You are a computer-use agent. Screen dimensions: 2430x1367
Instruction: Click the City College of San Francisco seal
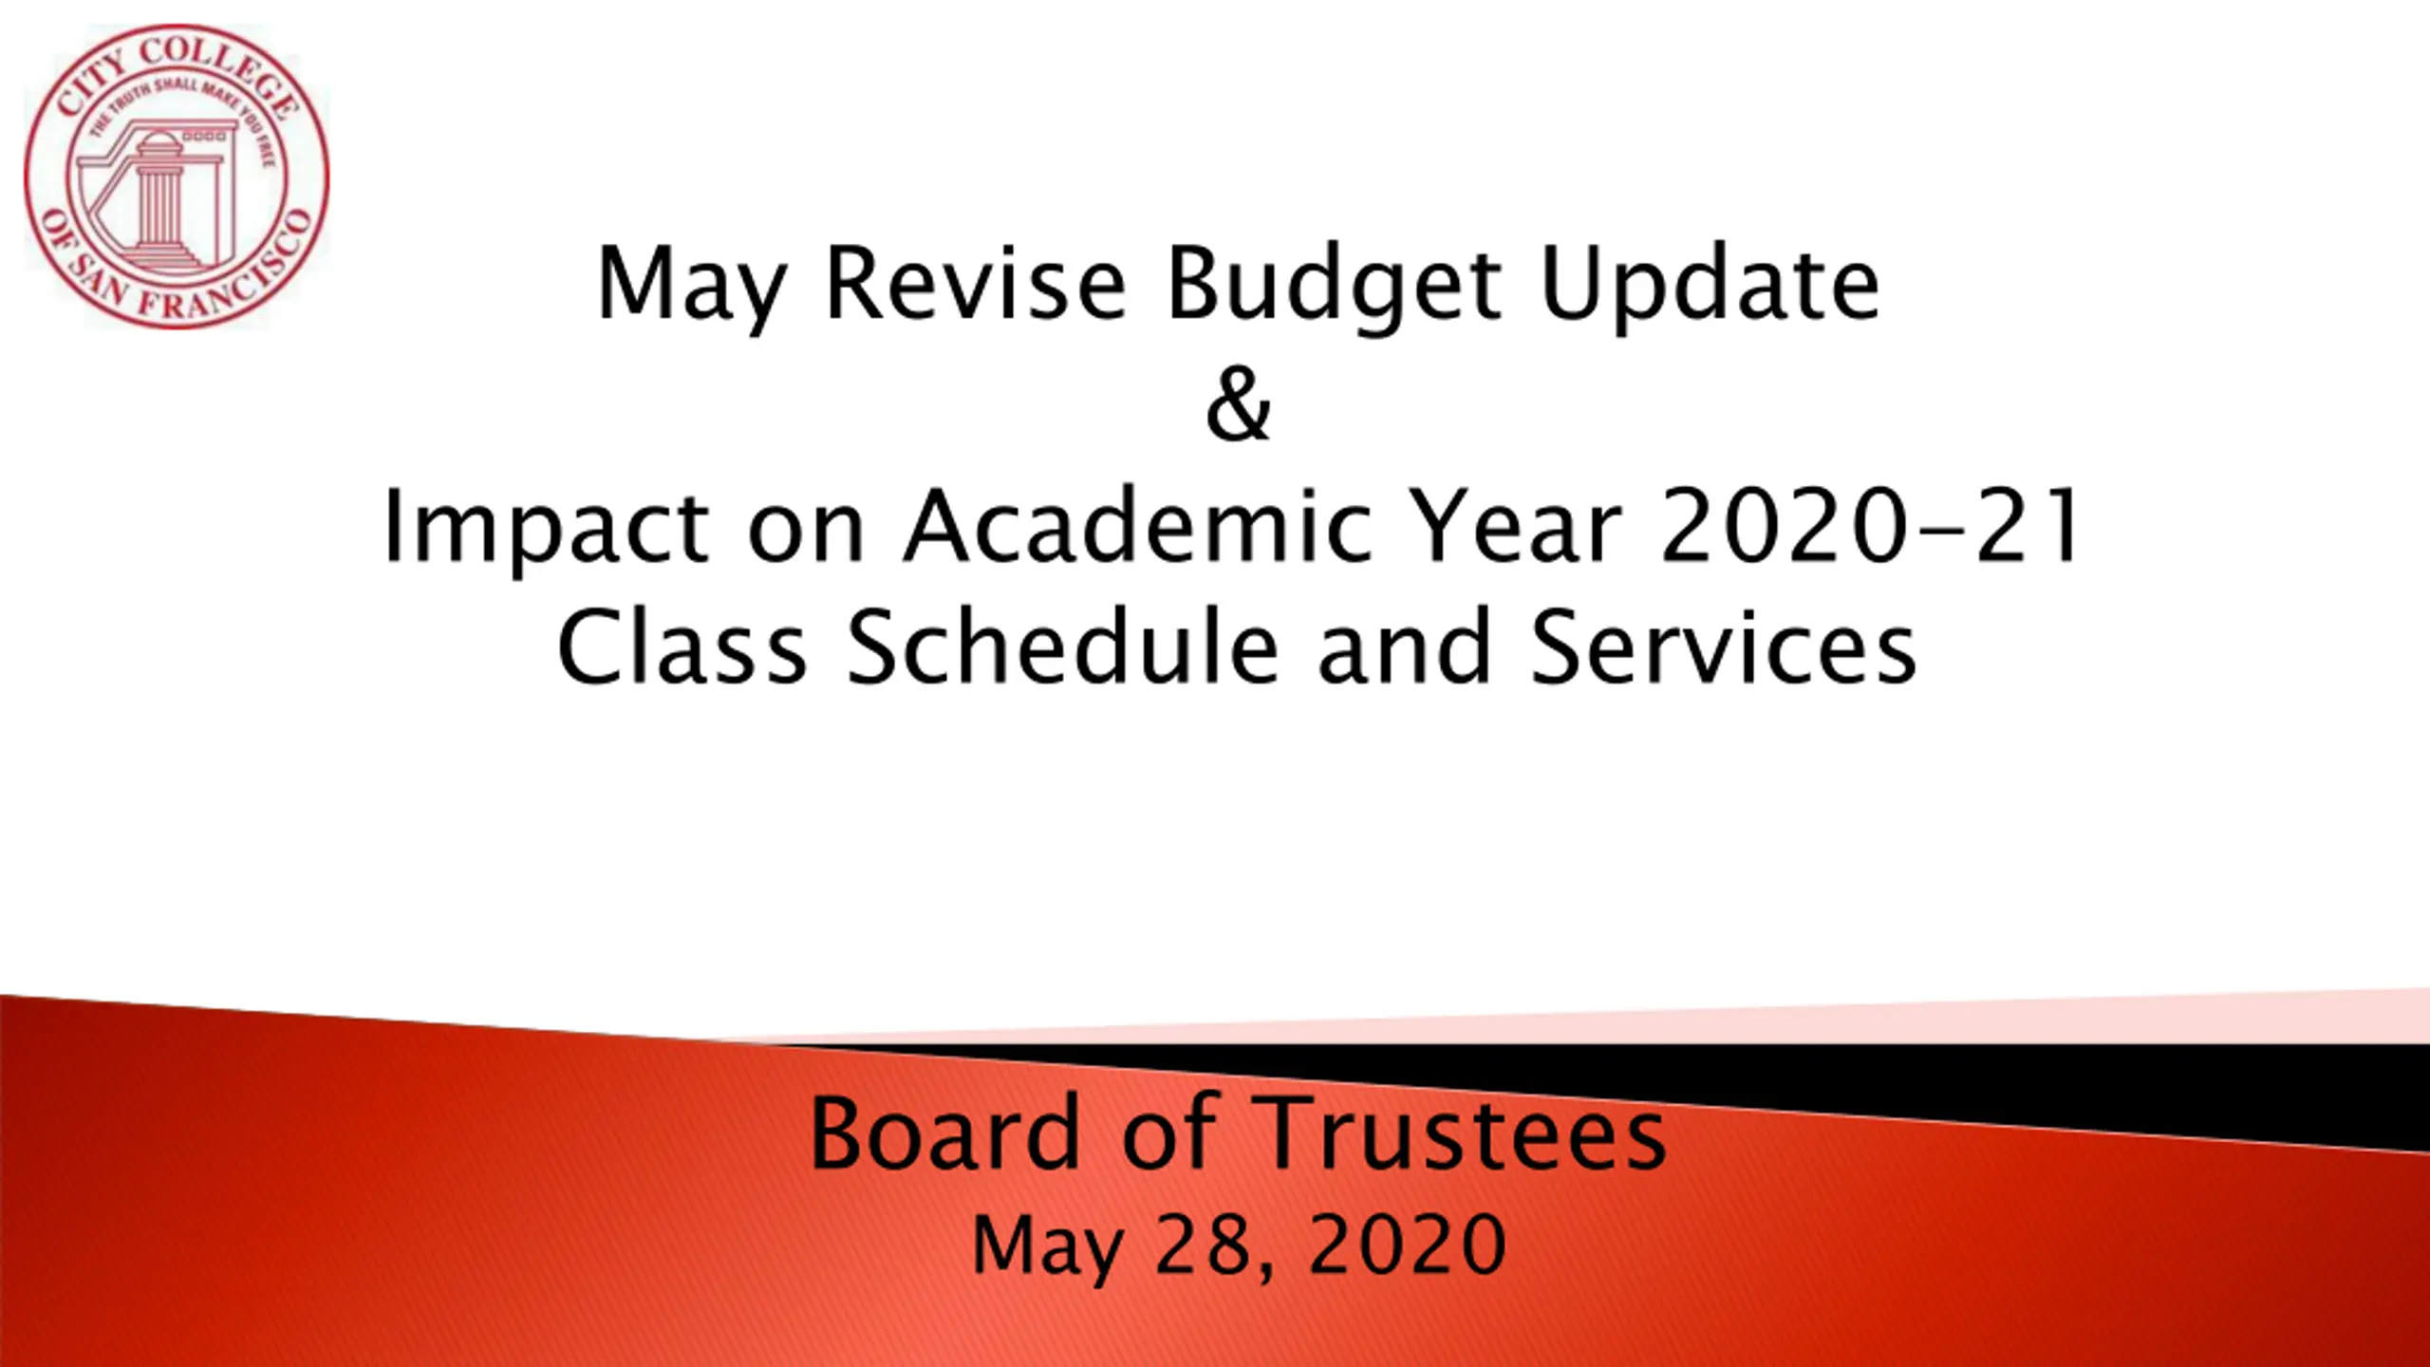(x=177, y=178)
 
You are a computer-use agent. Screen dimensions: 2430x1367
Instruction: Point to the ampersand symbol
(x=1238, y=405)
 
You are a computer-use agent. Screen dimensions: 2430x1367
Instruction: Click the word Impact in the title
(x=546, y=530)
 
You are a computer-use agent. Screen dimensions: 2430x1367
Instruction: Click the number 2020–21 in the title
(x=1872, y=526)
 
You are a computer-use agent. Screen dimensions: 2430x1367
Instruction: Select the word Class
(x=682, y=647)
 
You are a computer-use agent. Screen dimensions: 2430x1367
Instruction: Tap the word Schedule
(x=1062, y=647)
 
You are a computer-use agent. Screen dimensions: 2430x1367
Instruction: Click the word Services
(x=1723, y=647)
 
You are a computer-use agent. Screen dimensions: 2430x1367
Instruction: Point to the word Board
(x=944, y=1132)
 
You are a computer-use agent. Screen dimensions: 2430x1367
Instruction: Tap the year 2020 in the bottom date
(x=1407, y=1245)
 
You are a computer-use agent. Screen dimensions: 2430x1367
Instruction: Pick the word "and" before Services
(x=1404, y=647)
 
